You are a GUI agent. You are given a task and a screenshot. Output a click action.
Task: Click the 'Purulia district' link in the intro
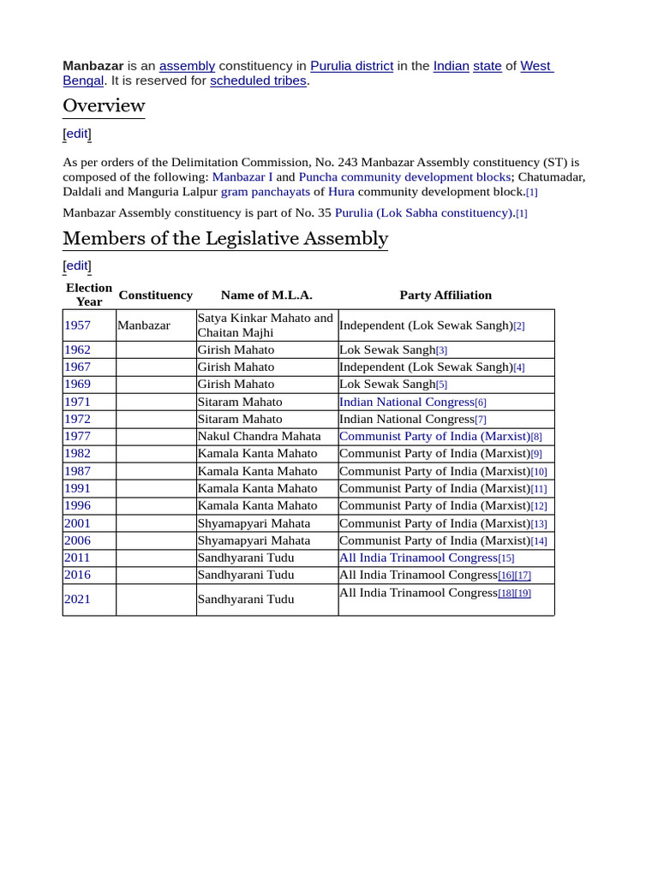point(351,66)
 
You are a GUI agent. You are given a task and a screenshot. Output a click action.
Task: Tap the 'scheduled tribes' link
point(258,81)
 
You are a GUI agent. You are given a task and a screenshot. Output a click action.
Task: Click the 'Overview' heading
point(104,105)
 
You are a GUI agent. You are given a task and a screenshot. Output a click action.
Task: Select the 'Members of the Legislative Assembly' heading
point(225,238)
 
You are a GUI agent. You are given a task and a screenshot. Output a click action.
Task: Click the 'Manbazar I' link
point(242,176)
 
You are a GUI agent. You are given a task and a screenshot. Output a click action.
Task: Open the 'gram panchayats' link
point(266,192)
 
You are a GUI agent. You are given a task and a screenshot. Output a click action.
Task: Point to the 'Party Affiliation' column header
point(446,295)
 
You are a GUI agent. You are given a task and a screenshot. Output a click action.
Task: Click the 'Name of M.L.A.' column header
point(266,295)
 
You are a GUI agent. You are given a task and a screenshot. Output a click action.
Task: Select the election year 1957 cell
point(77,325)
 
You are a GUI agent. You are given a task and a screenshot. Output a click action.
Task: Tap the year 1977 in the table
point(77,436)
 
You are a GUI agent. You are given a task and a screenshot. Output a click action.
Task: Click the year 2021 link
point(77,599)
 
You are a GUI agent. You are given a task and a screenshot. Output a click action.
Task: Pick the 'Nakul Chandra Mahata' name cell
point(259,436)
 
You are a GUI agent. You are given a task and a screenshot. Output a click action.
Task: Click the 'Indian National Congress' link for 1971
point(406,402)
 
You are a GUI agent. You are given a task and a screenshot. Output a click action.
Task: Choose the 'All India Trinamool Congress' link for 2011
point(418,558)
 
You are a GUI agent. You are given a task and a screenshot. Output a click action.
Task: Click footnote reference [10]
point(539,472)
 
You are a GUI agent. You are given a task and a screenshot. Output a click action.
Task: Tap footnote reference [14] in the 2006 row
point(539,541)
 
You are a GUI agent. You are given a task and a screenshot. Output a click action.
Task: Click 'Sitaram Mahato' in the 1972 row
point(240,419)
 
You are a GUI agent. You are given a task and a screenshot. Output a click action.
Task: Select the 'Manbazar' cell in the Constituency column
point(144,325)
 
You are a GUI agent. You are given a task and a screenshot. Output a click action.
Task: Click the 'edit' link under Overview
point(77,134)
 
